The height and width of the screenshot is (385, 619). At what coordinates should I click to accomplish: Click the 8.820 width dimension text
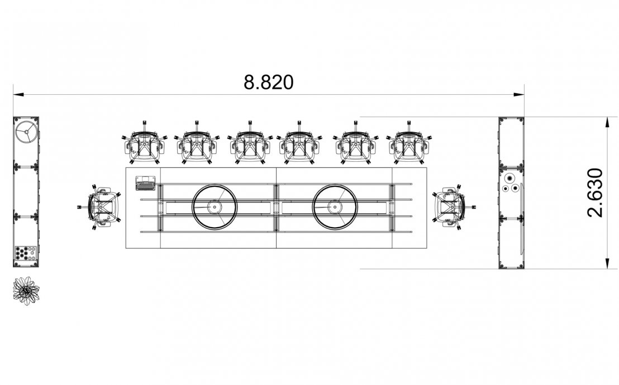click(269, 82)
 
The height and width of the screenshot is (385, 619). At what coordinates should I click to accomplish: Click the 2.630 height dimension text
click(595, 193)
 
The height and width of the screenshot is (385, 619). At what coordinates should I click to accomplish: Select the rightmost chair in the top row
click(410, 143)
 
